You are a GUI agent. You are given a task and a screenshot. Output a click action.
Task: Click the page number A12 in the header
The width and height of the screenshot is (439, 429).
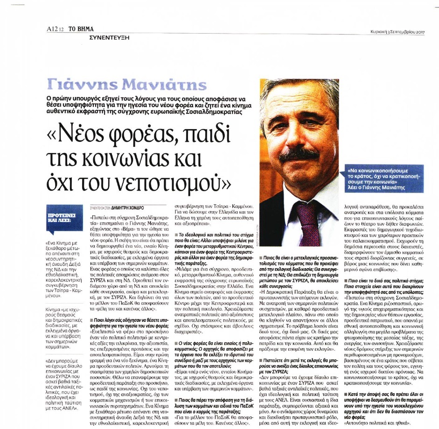(52, 29)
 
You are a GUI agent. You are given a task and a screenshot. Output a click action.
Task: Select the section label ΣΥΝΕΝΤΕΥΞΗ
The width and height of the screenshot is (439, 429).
(109, 36)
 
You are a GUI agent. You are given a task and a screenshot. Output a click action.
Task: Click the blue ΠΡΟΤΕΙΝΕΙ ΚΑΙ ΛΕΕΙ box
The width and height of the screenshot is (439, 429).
(60, 218)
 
